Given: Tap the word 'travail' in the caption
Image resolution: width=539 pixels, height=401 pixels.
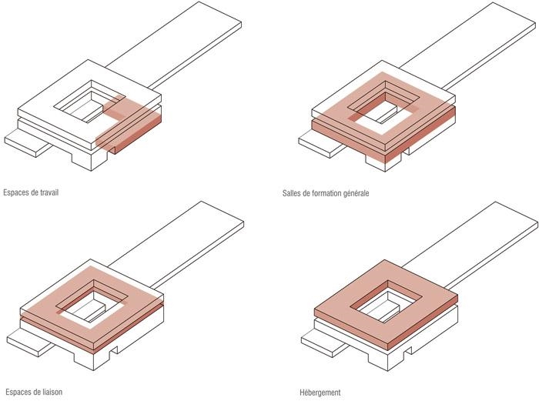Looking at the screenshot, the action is coord(49,192).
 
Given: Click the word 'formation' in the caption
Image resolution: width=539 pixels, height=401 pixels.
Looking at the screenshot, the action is coord(326,193).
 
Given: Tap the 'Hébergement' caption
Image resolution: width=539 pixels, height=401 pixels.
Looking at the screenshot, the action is coord(320,393).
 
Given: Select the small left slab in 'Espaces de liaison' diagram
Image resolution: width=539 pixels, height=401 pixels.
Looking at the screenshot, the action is coord(30,342).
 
